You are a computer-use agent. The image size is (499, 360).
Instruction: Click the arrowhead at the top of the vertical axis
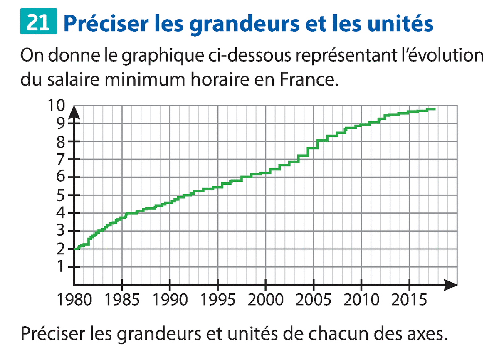[x=74, y=111]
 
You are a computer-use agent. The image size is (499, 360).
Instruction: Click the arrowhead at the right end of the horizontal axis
[x=452, y=285]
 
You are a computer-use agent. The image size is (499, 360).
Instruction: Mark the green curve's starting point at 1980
[x=75, y=249]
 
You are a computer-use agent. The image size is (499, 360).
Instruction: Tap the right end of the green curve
[x=434, y=109]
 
